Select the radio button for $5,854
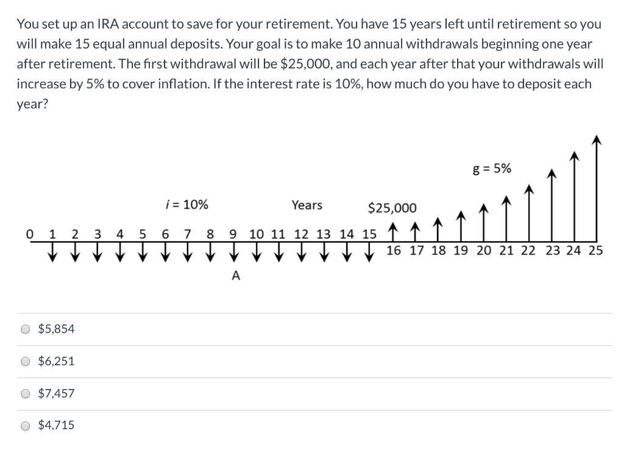pyautogui.click(x=25, y=329)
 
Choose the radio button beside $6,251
pyautogui.click(x=25, y=361)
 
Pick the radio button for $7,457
pyautogui.click(x=25, y=393)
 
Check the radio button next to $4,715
pyautogui.click(x=25, y=426)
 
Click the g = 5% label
pyautogui.click(x=492, y=169)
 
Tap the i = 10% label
pyautogui.click(x=186, y=205)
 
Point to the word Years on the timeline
pyautogui.click(x=307, y=205)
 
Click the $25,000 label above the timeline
pyautogui.click(x=392, y=208)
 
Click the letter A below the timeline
pyautogui.click(x=236, y=276)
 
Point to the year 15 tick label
pyautogui.click(x=369, y=233)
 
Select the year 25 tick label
pyautogui.click(x=595, y=250)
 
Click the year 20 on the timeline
pyautogui.click(x=484, y=250)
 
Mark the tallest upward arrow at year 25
pyautogui.click(x=597, y=189)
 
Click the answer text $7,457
pyautogui.click(x=56, y=393)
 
